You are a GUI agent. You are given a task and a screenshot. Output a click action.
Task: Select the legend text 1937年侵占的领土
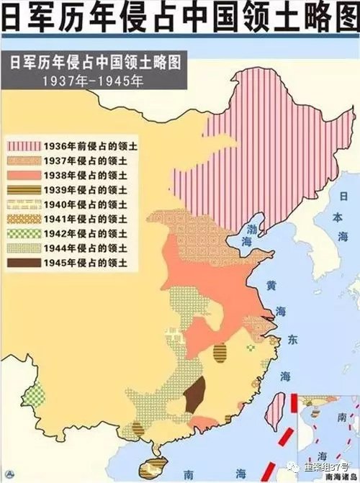pos(79,161)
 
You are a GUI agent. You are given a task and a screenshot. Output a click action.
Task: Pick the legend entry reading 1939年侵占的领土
pos(79,189)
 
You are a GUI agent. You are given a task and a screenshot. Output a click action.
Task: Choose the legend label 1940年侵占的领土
pos(79,204)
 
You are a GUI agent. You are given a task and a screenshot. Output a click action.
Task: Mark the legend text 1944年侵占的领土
pos(79,248)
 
